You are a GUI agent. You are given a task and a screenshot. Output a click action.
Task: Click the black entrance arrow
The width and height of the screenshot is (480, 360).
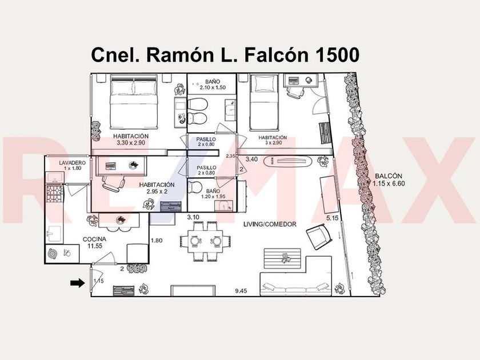click(76, 282)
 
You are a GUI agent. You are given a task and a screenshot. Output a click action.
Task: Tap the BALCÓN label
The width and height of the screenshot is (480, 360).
click(389, 175)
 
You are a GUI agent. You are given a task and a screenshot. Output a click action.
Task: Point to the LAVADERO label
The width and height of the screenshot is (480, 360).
click(73, 163)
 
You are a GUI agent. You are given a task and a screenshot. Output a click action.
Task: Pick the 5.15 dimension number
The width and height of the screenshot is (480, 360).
click(333, 218)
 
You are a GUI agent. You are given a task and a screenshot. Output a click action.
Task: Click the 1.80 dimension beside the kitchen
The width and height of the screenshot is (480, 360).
click(156, 241)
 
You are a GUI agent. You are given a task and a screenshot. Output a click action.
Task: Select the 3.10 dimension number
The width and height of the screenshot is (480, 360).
click(193, 217)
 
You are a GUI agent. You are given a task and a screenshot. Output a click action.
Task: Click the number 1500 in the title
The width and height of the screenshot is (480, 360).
click(332, 55)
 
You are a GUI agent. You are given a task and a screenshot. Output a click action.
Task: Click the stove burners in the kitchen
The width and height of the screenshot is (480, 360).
click(55, 194)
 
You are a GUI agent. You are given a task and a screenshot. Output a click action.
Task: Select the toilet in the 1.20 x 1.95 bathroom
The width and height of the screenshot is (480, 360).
click(195, 187)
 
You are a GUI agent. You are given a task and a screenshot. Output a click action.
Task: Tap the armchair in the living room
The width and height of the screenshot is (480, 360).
click(318, 235)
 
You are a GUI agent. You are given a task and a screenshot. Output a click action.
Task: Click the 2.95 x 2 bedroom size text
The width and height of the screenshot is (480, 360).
click(157, 192)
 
